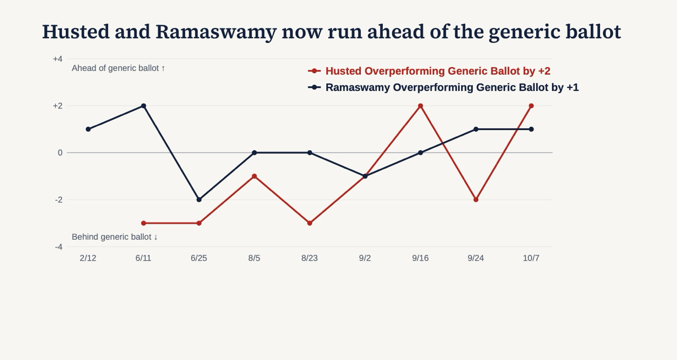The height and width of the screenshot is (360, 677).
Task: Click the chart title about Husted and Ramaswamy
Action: pyautogui.click(x=332, y=32)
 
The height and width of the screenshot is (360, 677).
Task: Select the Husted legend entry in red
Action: pyautogui.click(x=429, y=71)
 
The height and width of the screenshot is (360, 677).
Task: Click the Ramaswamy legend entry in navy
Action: pyautogui.click(x=443, y=87)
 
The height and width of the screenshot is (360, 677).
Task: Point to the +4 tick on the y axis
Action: pyautogui.click(x=58, y=59)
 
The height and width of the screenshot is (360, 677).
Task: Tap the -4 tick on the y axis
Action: pyautogui.click(x=58, y=247)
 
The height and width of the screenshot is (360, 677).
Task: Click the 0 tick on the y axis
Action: pyautogui.click(x=60, y=153)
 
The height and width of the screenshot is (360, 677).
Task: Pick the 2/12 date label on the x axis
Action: pyautogui.click(x=88, y=258)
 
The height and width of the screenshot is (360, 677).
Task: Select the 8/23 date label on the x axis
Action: pyautogui.click(x=309, y=258)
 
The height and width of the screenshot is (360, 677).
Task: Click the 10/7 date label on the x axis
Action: pyautogui.click(x=531, y=258)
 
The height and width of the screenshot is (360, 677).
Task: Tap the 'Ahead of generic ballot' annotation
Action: pyautogui.click(x=118, y=68)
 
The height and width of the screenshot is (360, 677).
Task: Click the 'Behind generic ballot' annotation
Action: pyautogui.click(x=114, y=237)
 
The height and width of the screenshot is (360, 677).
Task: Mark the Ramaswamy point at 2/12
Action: pyautogui.click(x=88, y=130)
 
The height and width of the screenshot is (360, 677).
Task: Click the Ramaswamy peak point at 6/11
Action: pyautogui.click(x=144, y=106)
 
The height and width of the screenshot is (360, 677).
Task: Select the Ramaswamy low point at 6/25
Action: pyautogui.click(x=199, y=200)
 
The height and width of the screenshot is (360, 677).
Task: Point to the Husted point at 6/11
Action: pyautogui.click(x=144, y=224)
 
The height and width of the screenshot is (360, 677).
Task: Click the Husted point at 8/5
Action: pyautogui.click(x=254, y=176)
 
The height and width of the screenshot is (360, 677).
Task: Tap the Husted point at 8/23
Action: pyautogui.click(x=309, y=224)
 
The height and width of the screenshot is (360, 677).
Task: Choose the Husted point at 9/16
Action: pyautogui.click(x=420, y=106)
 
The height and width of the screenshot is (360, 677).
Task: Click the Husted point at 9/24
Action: pyautogui.click(x=476, y=200)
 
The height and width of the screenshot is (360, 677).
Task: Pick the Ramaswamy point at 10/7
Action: pyautogui.click(x=531, y=130)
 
